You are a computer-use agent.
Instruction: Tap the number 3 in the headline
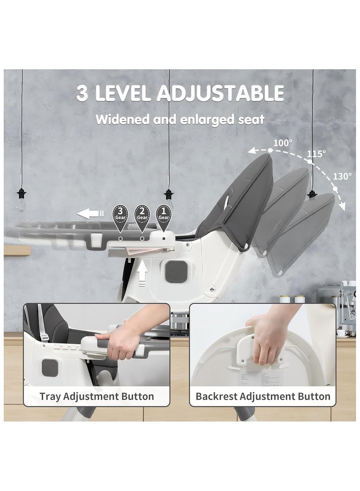pos(82,94)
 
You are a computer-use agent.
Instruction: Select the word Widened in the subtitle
pos(121,120)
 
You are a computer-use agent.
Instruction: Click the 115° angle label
pos(316,154)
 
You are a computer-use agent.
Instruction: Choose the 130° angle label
pos(343,176)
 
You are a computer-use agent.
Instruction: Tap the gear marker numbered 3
pos(120,213)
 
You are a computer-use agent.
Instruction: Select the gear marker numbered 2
pos(142,213)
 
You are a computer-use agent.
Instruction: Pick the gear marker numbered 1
pos(163,213)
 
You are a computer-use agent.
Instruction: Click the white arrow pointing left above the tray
pos(90,213)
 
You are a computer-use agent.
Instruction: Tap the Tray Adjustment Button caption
pos(97,396)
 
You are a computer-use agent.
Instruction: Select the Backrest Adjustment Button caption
pos(263,396)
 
